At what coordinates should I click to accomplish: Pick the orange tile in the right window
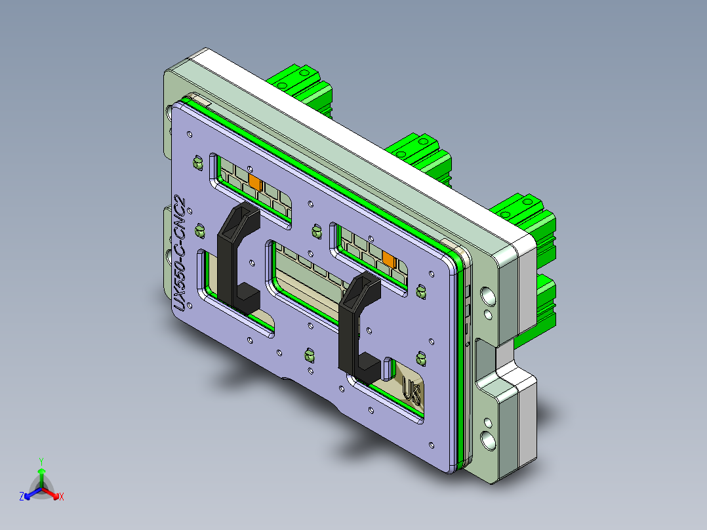tap(388, 259)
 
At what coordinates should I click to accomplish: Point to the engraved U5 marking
tap(413, 394)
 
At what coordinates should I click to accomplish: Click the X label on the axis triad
tap(62, 497)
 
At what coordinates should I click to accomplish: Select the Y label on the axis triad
tap(41, 461)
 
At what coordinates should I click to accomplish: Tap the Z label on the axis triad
tap(22, 497)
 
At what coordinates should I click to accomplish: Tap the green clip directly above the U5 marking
tap(420, 358)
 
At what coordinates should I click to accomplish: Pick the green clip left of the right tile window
tap(315, 231)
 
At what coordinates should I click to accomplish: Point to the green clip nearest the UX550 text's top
tap(196, 161)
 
